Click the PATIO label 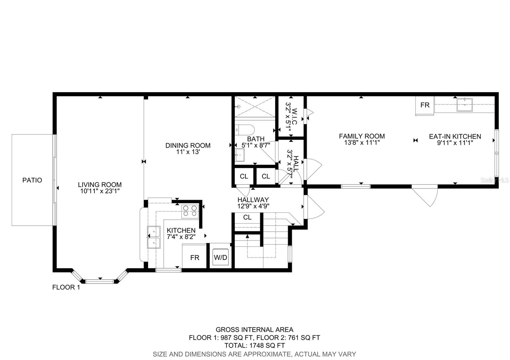click(32, 180)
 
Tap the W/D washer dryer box click(221, 257)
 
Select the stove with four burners click(190, 211)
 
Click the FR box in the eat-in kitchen click(425, 105)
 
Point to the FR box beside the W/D click(194, 257)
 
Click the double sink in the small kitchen click(154, 237)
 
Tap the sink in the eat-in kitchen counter click(464, 104)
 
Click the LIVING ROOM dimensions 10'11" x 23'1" click(99, 191)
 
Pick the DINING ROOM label click(188, 145)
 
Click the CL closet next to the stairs click(247, 217)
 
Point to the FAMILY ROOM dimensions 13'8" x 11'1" click(362, 143)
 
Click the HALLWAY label click(253, 200)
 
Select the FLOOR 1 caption click(66, 287)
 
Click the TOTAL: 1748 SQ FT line click(254, 345)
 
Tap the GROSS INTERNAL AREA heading click(254, 330)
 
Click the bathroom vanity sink click(240, 155)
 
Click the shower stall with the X click(255, 107)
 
